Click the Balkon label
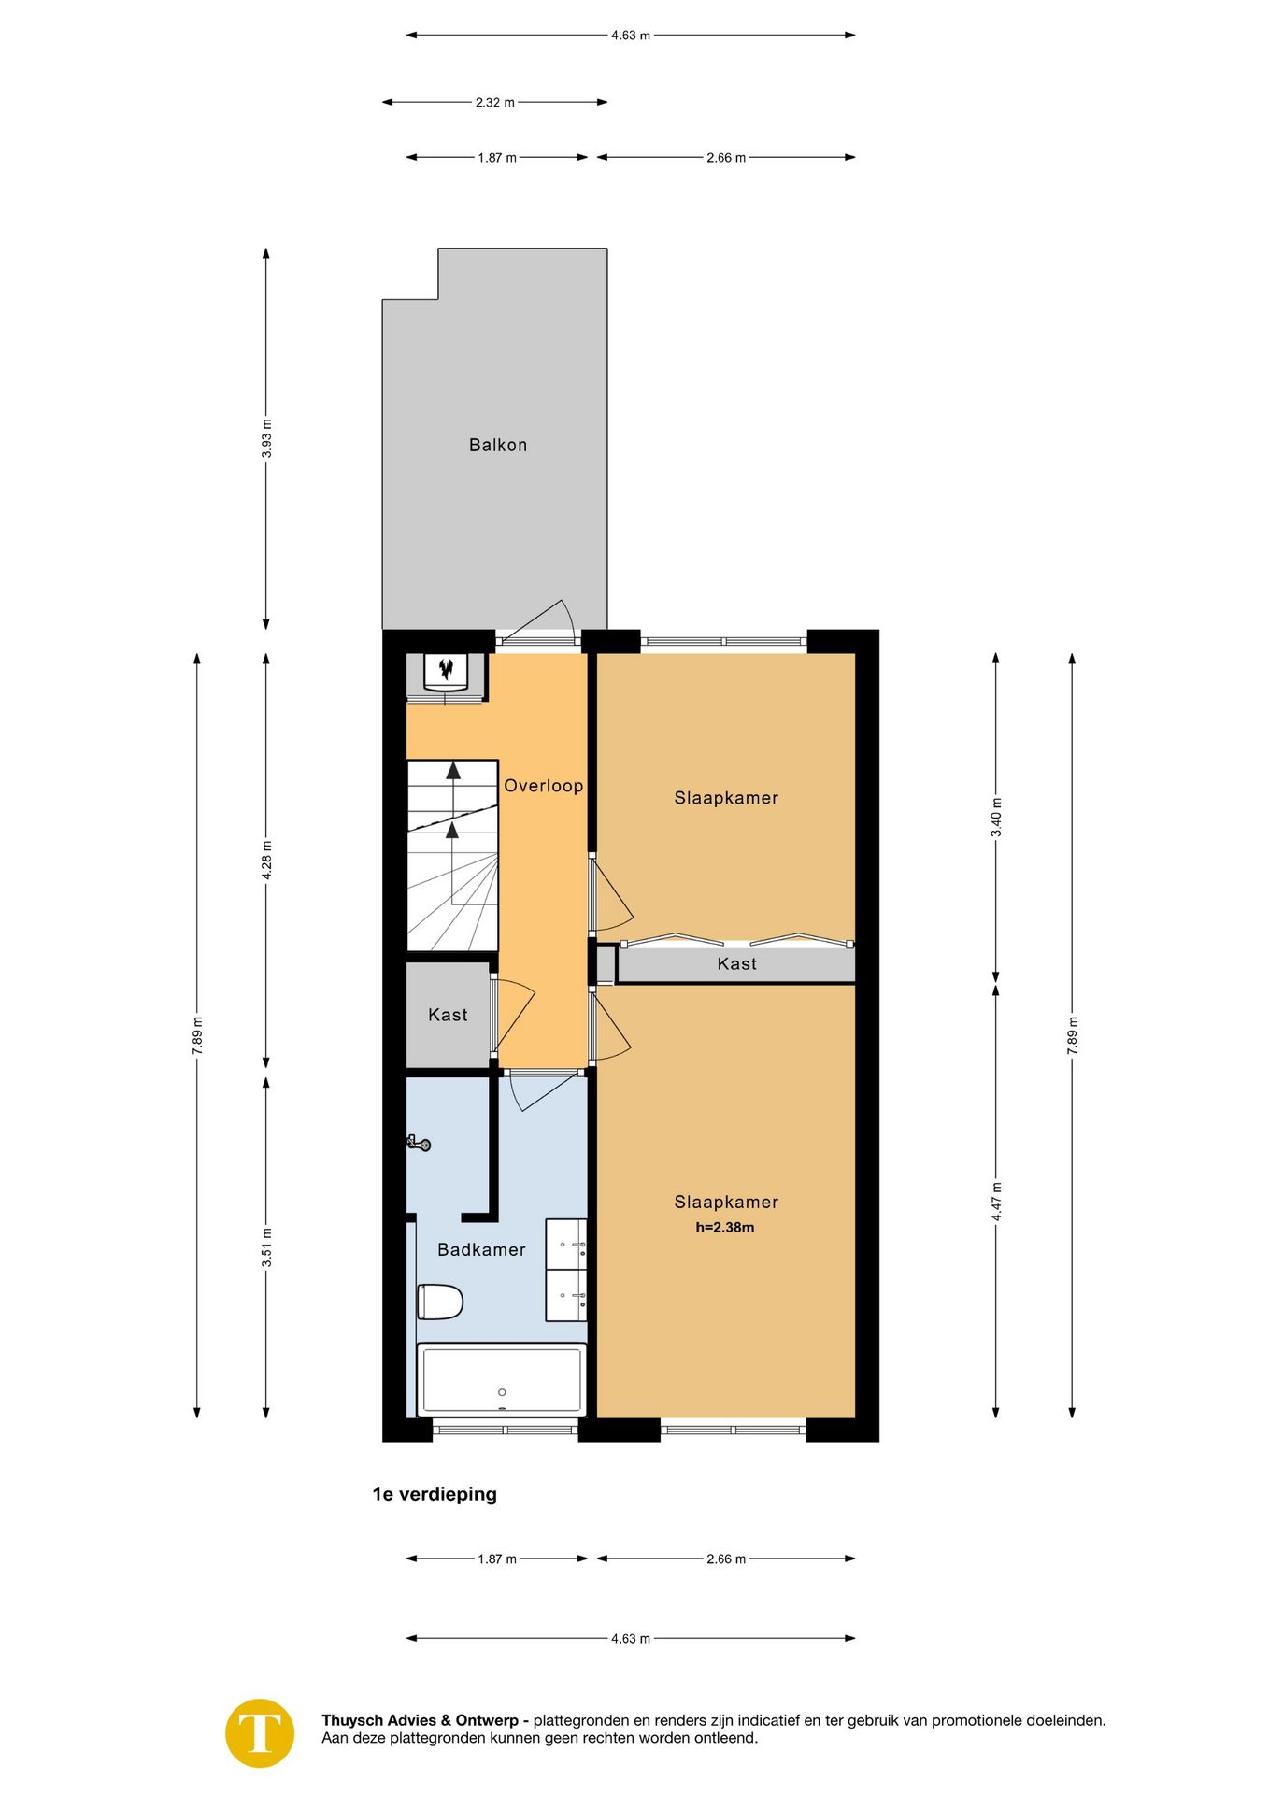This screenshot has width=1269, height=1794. click(x=497, y=445)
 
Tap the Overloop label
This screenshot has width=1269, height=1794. click(x=543, y=786)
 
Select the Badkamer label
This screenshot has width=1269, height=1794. click(x=481, y=1249)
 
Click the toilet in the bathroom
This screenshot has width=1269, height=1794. click(x=440, y=1302)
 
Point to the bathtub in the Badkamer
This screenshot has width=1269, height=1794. click(x=502, y=1379)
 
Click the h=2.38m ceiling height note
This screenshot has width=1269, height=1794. click(x=724, y=1228)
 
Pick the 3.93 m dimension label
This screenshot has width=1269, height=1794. click(x=266, y=438)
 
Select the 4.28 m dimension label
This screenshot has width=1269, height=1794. click(x=266, y=861)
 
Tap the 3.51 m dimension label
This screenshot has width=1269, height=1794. click(x=266, y=1248)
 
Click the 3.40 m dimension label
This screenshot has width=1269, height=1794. click(x=996, y=817)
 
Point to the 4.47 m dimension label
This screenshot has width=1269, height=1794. click(x=996, y=1202)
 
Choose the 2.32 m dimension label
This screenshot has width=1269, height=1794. click(x=494, y=102)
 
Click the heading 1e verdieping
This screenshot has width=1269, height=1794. click(x=435, y=1494)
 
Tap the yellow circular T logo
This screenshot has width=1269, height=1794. click(x=260, y=1733)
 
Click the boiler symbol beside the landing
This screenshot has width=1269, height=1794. click(x=446, y=670)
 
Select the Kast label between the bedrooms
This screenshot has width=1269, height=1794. click(x=736, y=963)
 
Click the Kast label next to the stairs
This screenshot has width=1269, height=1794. click(x=447, y=1015)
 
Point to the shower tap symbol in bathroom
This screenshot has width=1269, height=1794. click(x=419, y=1142)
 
